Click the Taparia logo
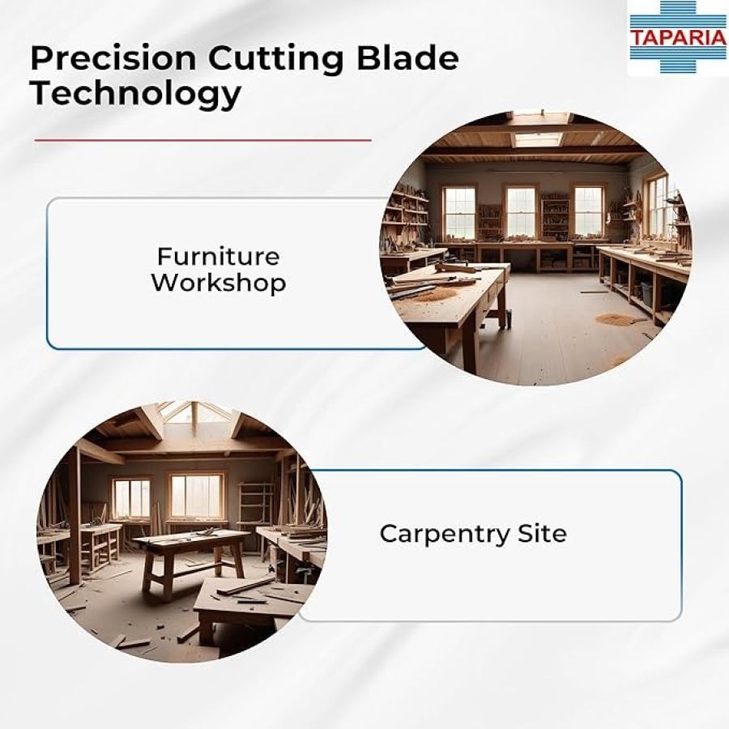(x=678, y=36)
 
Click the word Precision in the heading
(x=113, y=60)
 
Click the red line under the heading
(x=202, y=139)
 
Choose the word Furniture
(x=218, y=257)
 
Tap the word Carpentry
(x=445, y=535)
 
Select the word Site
(x=542, y=533)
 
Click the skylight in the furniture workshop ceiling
(x=537, y=139)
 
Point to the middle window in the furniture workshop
(x=520, y=213)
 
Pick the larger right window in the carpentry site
(x=197, y=497)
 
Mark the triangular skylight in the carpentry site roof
(x=194, y=413)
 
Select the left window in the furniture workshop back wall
(x=459, y=213)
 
